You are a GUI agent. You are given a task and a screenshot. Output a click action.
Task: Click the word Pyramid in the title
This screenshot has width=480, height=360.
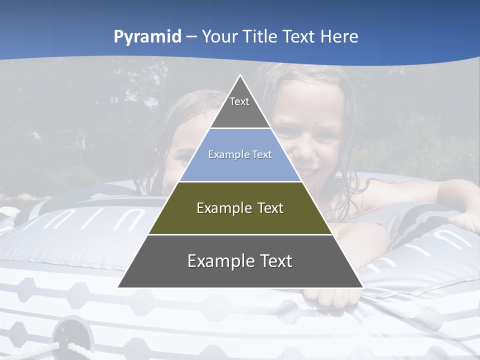(147, 36)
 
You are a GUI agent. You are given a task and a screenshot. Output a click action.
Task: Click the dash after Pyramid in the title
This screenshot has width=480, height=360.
(191, 37)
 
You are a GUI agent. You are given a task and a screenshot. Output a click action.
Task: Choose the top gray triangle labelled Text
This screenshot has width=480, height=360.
(240, 107)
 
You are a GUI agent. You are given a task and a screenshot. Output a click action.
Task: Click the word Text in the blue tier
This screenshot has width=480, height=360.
(262, 155)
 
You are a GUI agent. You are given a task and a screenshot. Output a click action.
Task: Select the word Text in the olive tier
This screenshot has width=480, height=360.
(270, 208)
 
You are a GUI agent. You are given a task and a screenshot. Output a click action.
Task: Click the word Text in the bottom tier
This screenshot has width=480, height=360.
(276, 261)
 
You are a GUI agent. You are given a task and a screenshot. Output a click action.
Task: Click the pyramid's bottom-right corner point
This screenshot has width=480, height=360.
(363, 287)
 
